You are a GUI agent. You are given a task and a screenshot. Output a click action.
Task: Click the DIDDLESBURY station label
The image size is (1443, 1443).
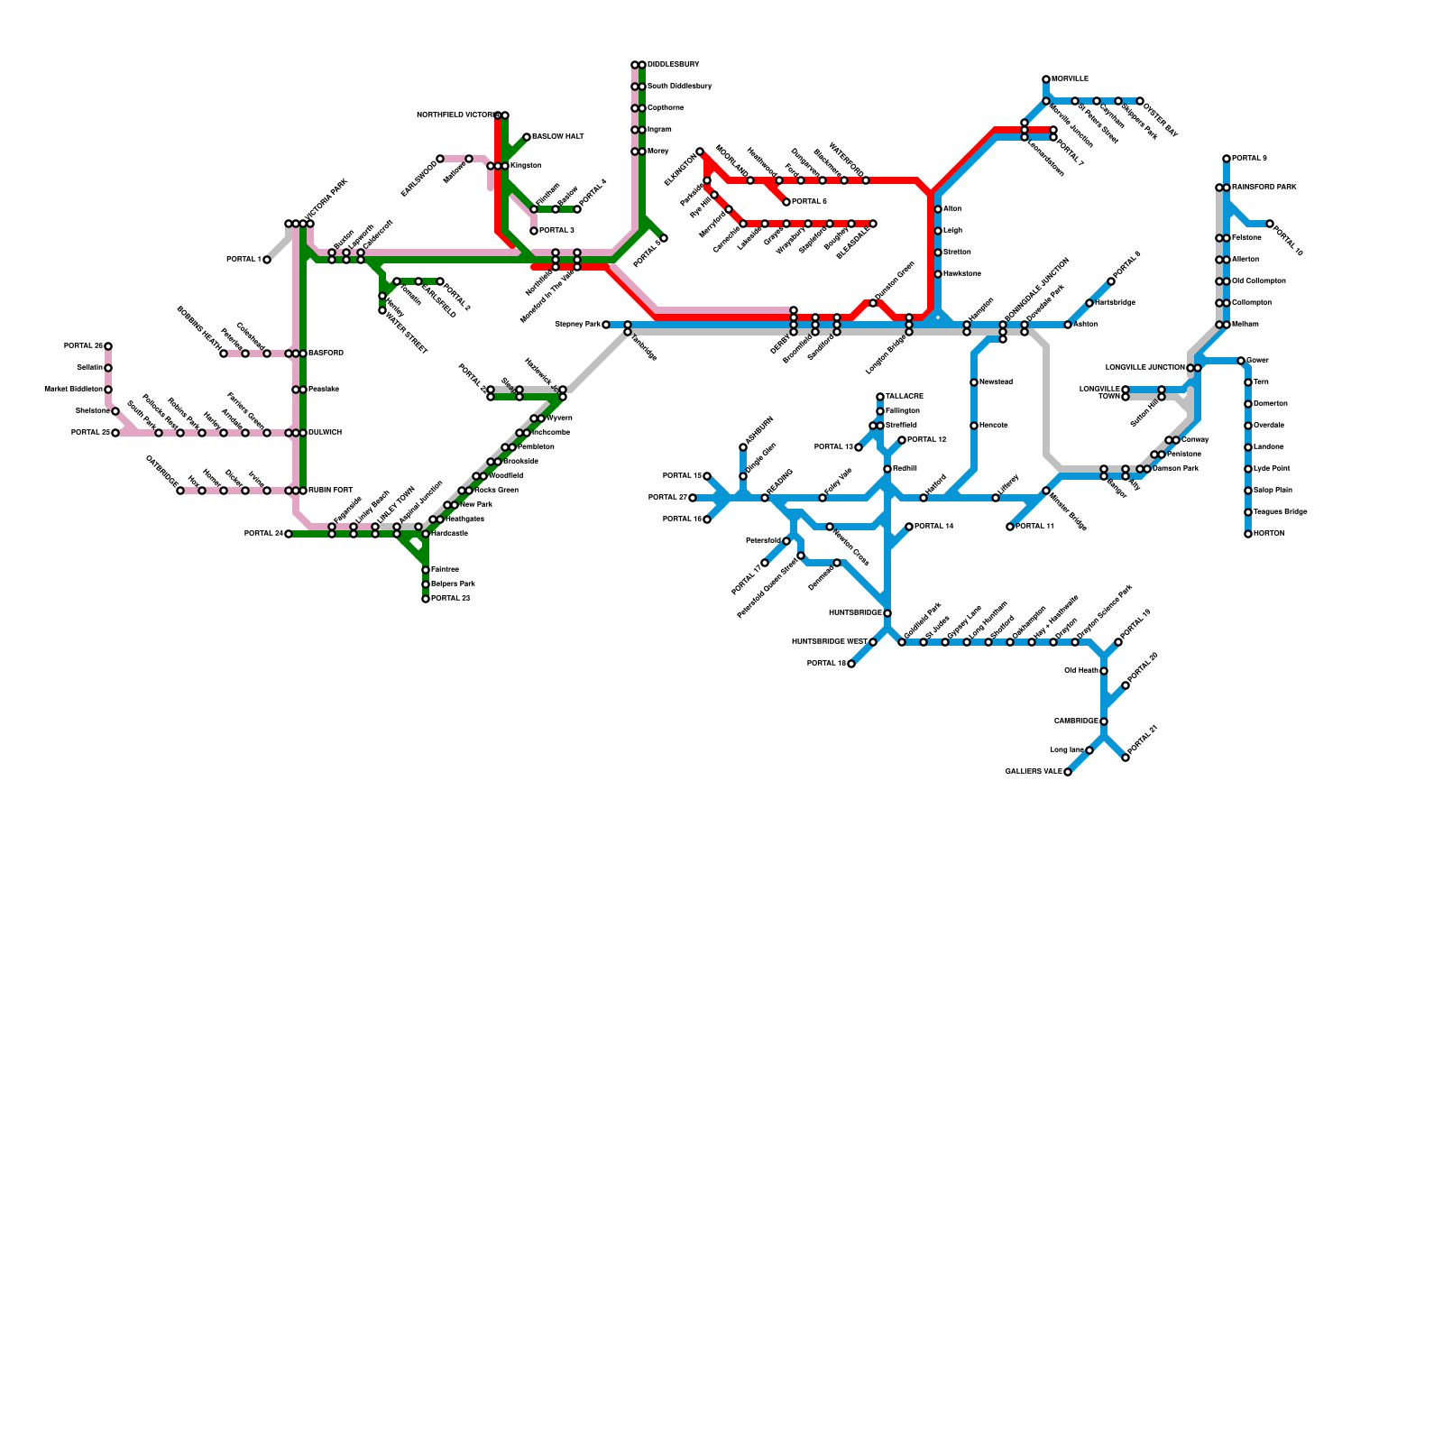[673, 65]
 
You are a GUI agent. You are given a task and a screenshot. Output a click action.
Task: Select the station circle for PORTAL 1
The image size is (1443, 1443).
[267, 260]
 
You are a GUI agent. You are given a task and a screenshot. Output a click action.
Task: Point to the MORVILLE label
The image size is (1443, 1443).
[1070, 79]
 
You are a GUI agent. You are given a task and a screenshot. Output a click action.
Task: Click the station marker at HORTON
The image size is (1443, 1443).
[1248, 534]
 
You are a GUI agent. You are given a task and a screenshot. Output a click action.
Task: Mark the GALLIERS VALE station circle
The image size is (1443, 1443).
[1068, 772]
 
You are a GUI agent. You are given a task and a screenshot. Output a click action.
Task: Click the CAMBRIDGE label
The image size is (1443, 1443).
[1076, 721]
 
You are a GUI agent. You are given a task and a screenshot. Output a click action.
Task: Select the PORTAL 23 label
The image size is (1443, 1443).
[450, 599]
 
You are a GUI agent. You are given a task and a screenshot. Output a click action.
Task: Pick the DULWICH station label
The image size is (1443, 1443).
[325, 433]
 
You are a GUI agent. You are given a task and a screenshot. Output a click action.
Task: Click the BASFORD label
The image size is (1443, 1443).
[326, 354]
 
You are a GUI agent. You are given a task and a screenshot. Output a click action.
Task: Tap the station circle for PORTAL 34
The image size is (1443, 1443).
[289, 534]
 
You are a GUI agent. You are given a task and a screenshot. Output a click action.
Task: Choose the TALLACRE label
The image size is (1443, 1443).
[905, 397]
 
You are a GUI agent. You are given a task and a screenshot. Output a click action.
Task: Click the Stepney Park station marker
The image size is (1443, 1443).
[606, 325]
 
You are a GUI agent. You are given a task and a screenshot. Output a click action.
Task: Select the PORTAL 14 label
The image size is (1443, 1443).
[933, 527]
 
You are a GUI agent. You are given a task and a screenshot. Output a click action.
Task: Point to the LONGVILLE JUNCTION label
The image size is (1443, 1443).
[1145, 368]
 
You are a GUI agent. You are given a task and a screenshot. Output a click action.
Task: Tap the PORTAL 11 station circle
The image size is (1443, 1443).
[1010, 527]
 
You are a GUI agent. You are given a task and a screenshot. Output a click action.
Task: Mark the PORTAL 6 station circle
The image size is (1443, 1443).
[786, 202]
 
